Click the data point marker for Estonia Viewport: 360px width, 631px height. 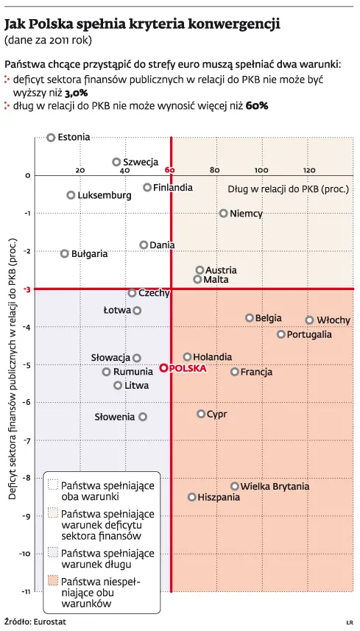pos(51,138)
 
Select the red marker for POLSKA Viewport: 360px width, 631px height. pos(163,368)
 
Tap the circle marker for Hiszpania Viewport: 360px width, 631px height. pos(192,497)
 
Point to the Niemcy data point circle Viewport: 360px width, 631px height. pos(224,214)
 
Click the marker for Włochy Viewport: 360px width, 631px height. pos(309,320)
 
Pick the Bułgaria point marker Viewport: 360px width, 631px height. pos(64,253)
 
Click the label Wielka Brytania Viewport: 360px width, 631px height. pos(275,486)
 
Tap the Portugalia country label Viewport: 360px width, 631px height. pos(310,334)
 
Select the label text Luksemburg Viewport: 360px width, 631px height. pos(105,196)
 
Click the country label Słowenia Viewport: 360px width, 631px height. pos(115,417)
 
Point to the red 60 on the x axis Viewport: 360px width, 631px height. pos(170,170)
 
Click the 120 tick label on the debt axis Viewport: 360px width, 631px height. pos(309,170)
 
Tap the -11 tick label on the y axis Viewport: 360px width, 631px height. pos(27,591)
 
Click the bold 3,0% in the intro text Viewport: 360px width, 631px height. pos(77,94)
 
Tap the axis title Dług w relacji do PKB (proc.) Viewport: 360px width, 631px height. pos(289,188)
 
